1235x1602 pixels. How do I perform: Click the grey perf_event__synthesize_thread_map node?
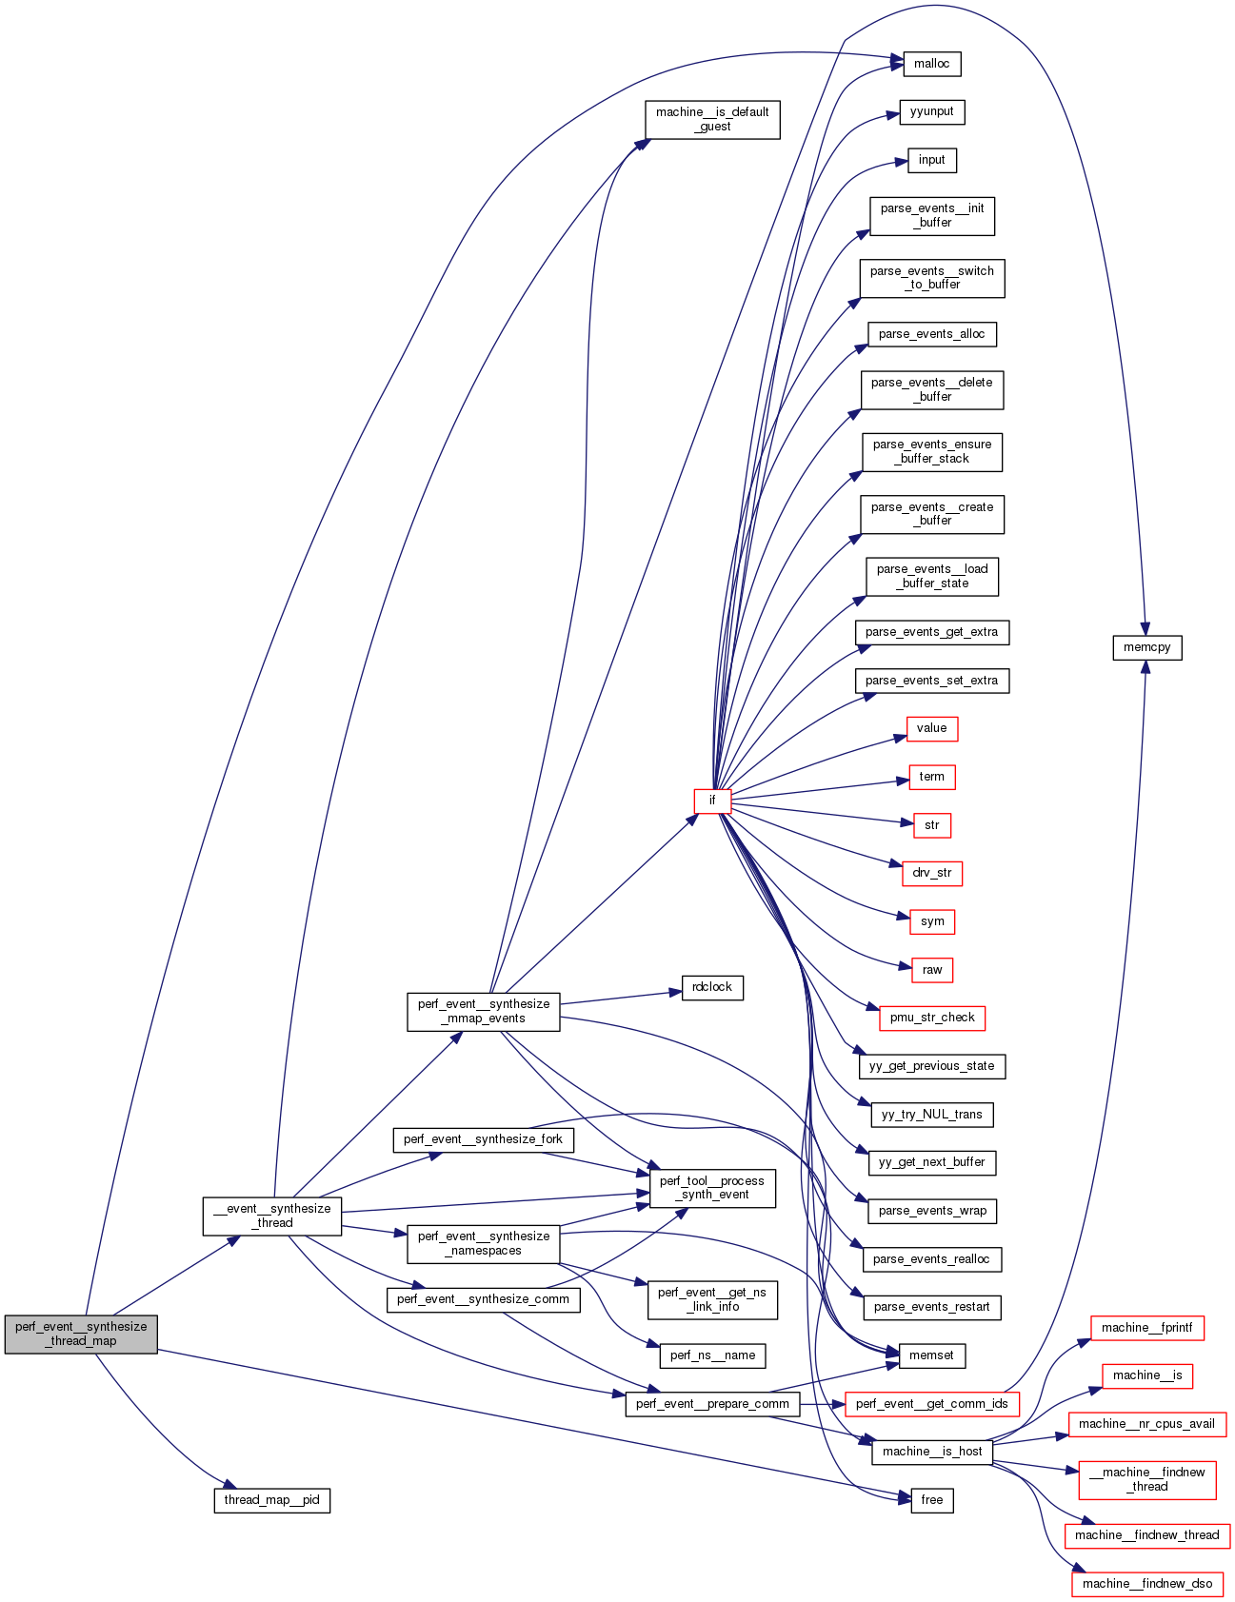pos(81,1334)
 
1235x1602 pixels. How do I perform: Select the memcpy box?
pos(1146,647)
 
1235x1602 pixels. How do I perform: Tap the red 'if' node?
pos(711,801)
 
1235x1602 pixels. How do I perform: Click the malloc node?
pos(931,64)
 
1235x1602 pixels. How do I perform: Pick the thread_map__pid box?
pos(271,1500)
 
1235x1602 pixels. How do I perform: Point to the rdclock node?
pos(712,987)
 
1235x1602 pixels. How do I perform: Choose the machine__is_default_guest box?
pos(712,119)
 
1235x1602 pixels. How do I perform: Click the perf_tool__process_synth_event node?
pos(712,1188)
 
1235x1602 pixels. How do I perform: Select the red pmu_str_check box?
pos(932,1018)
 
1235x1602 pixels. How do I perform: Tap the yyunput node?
pos(931,111)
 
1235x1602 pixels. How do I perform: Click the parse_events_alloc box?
pos(931,334)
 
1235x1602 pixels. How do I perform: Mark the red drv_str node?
pos(932,873)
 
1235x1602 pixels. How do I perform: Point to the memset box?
pos(931,1355)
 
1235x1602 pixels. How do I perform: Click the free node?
pos(931,1500)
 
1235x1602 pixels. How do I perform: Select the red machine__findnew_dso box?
pos(1147,1584)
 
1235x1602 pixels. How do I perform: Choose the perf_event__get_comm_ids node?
pos(932,1404)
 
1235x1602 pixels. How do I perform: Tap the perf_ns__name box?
pos(712,1355)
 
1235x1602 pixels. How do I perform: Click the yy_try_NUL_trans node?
pos(932,1115)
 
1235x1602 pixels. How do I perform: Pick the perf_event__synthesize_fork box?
pos(483,1139)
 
